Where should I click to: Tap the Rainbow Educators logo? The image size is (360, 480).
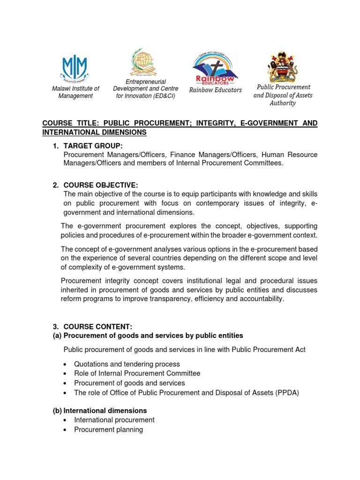tap(215, 67)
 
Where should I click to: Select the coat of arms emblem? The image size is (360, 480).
tap(282, 67)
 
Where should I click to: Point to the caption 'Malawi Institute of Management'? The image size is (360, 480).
tap(75, 92)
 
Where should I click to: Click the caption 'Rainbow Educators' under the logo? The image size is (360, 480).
tap(215, 90)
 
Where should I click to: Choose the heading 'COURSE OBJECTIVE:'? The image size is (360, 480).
tap(101, 185)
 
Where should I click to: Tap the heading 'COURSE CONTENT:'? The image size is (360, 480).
tap(98, 326)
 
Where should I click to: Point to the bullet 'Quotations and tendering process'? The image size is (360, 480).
tap(127, 364)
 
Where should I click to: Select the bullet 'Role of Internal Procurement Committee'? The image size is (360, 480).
tap(137, 374)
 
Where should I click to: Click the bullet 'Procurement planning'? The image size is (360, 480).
tap(108, 429)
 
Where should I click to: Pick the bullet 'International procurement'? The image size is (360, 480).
tap(114, 420)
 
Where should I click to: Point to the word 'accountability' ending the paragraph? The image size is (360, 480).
tap(261, 299)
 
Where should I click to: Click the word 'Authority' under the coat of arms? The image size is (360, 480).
tap(283, 103)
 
